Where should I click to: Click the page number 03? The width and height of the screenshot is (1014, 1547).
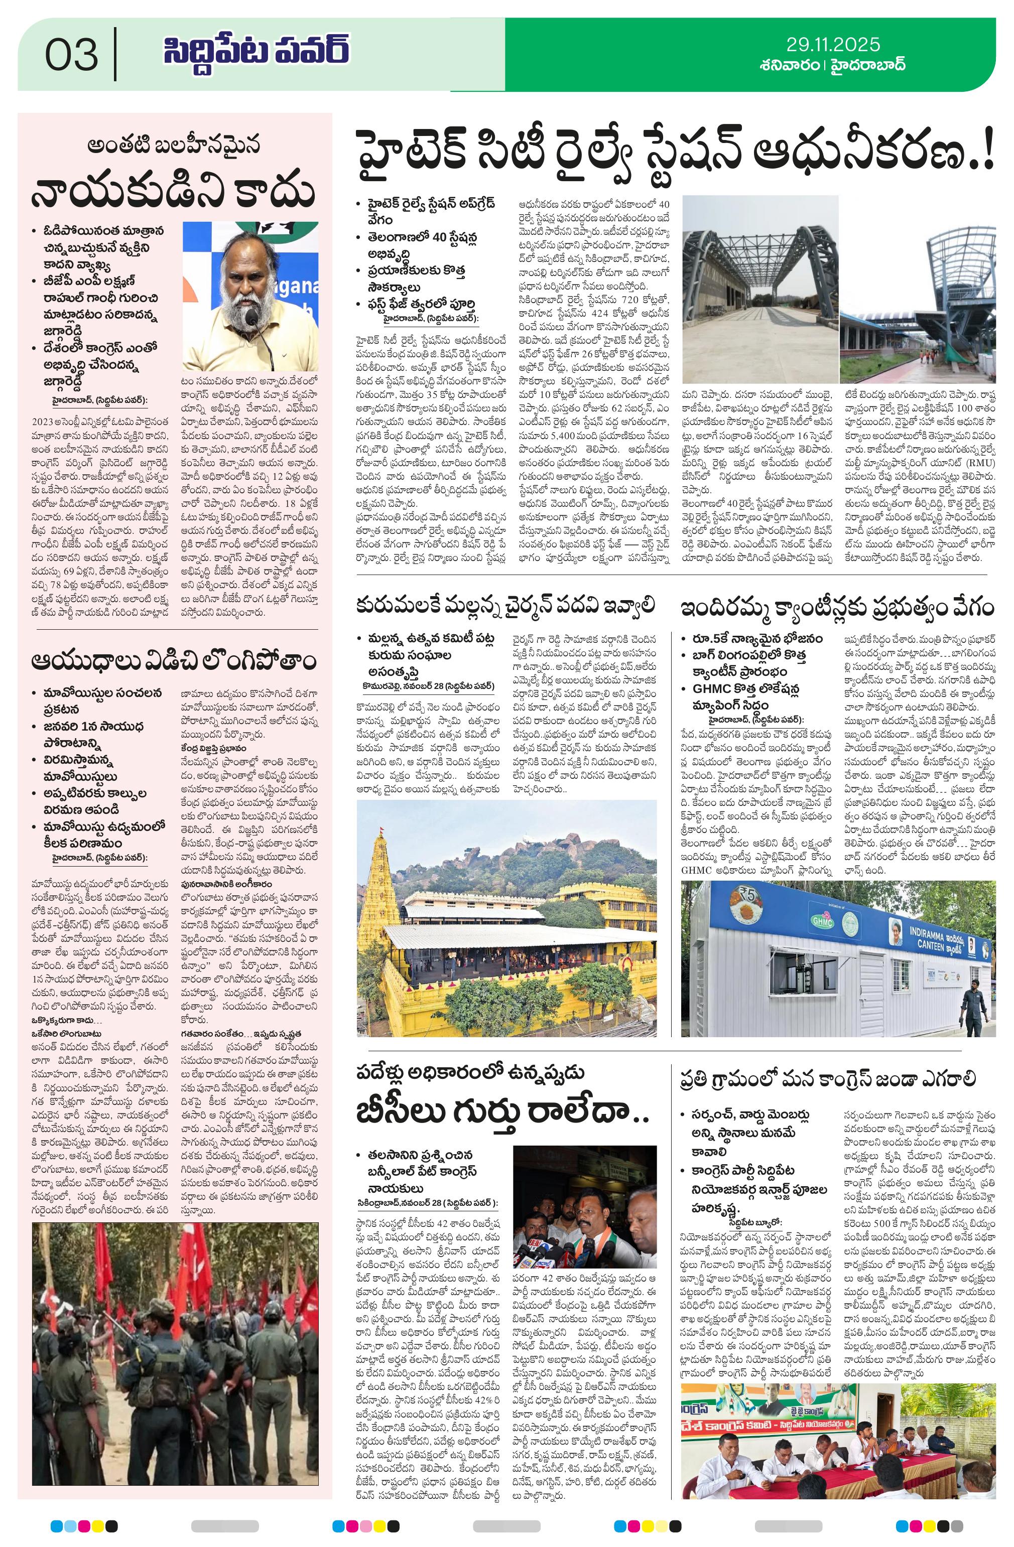pos(72,54)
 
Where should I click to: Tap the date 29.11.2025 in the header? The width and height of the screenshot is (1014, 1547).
pos(832,45)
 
